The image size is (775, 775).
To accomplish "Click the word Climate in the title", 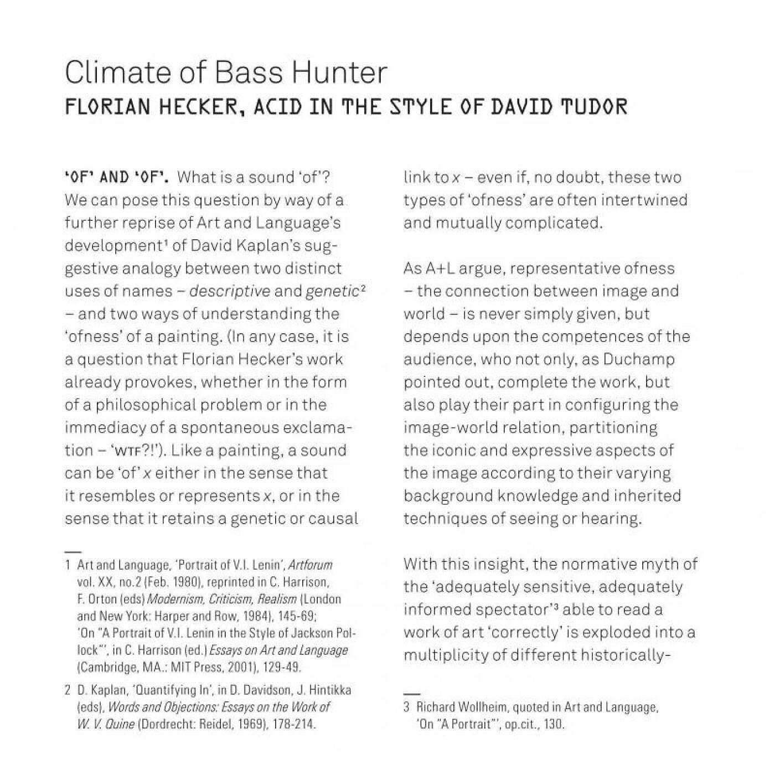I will pos(111,73).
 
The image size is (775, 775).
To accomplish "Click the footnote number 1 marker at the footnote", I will pos(68,565).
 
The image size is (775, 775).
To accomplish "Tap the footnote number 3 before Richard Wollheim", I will pos(406,707).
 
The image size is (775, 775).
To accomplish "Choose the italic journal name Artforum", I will pos(311,565).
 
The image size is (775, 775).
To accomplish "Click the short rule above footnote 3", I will pos(411,693).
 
